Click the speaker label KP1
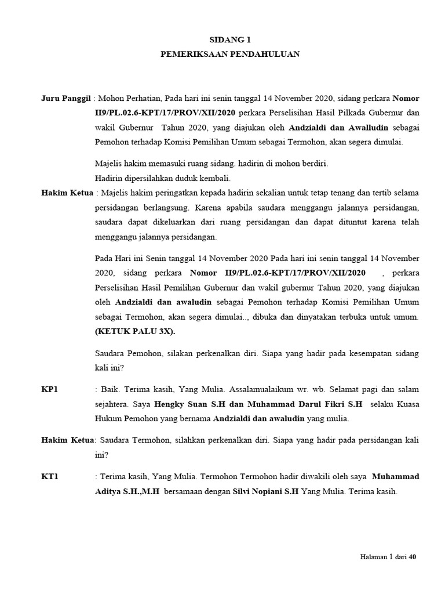point(50,389)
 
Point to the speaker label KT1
point(50,477)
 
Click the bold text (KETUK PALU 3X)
point(134,332)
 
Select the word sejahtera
point(112,404)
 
